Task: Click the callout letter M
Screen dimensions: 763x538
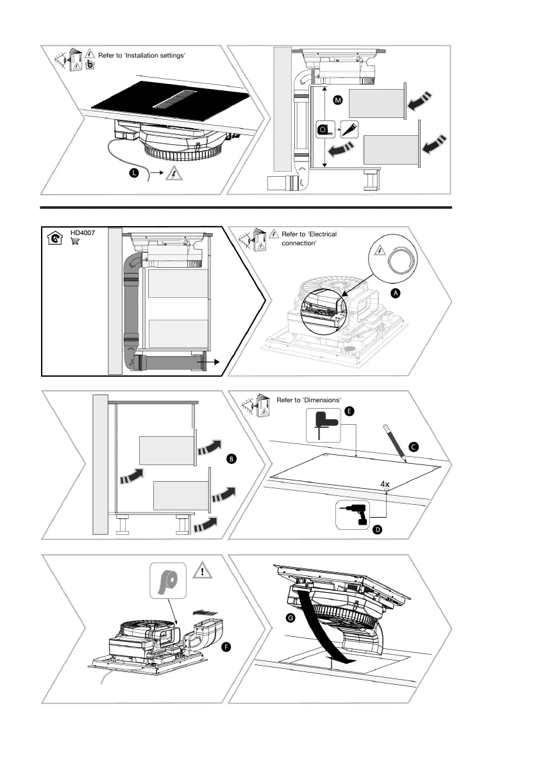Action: [338, 101]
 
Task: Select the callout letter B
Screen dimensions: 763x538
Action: [231, 459]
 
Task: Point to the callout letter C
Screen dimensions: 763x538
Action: [414, 445]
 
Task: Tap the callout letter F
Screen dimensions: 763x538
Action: [225, 648]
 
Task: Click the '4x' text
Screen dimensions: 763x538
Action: [385, 485]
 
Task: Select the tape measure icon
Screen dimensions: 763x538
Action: [325, 129]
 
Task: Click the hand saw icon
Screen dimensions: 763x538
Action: [350, 129]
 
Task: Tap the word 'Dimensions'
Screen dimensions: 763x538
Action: [315, 400]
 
